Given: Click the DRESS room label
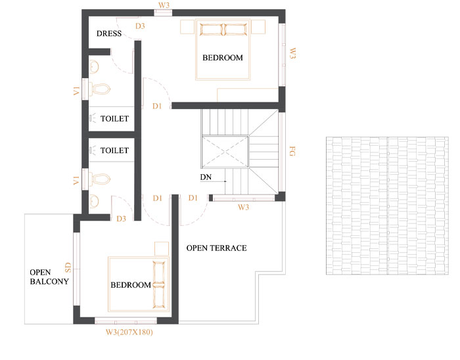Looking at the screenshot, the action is (109, 34).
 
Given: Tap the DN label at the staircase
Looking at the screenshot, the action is (206, 177).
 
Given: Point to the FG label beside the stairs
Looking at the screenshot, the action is (292, 151).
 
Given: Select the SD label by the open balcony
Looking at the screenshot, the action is (68, 267).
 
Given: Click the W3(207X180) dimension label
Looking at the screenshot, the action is (129, 332).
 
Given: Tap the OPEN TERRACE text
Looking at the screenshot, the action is (216, 248).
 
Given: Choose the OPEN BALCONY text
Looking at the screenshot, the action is (49, 277).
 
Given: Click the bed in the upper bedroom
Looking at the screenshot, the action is (223, 49).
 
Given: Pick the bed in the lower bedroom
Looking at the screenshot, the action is (139, 284).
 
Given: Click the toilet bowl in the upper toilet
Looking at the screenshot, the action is (100, 89).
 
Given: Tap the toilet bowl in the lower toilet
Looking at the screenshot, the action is (100, 179).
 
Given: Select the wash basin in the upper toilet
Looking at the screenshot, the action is (94, 67).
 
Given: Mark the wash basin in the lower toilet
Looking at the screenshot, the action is (94, 202).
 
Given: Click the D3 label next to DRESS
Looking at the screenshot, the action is (140, 26).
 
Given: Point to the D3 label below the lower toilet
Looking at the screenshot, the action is (121, 218).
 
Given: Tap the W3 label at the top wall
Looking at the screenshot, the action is (164, 5).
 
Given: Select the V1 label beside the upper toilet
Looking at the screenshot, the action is (77, 91).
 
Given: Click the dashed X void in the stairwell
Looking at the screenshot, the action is (225, 152).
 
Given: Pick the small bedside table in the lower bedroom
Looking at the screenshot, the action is (162, 249).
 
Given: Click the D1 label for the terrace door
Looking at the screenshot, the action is (193, 198).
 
